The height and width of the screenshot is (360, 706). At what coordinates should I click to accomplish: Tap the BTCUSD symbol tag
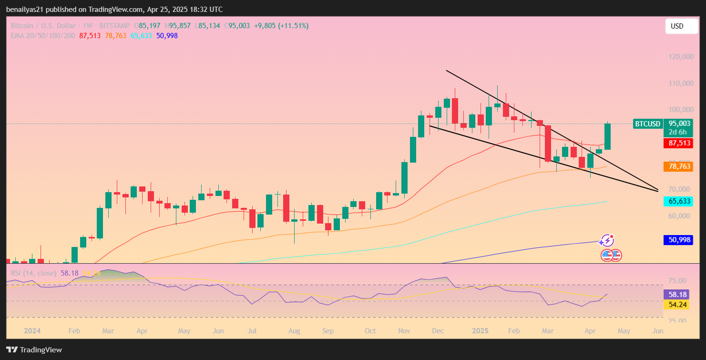[647, 124]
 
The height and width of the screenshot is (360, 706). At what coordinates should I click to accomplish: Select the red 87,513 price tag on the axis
[678, 143]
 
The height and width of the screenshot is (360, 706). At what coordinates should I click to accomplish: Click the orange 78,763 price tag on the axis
[678, 166]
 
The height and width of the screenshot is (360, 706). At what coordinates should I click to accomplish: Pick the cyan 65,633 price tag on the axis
[678, 201]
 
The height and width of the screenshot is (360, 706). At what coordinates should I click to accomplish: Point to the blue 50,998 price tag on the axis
[678, 240]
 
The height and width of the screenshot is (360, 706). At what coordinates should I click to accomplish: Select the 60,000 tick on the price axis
[678, 216]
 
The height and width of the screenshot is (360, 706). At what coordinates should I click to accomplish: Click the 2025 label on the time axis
[479, 330]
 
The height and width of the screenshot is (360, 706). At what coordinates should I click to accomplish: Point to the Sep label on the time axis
[327, 330]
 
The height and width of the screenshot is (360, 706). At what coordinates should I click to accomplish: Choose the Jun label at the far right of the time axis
[657, 330]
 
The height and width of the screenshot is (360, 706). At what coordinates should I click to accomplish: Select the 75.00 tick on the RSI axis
[677, 281]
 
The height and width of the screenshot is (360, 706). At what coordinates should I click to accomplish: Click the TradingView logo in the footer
[34, 350]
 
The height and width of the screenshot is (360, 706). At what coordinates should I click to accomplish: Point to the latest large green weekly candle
[608, 136]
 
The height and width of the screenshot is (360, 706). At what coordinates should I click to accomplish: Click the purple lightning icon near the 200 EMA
[607, 240]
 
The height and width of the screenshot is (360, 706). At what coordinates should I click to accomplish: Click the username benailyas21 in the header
[25, 10]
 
